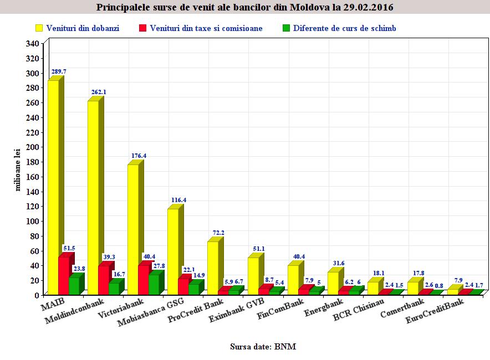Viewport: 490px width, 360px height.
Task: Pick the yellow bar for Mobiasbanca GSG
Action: point(173,251)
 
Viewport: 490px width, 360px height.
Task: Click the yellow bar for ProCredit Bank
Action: point(213,268)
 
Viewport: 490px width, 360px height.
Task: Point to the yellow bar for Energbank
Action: point(333,283)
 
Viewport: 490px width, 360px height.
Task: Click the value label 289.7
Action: point(59,71)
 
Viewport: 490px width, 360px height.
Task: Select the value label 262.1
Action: point(99,92)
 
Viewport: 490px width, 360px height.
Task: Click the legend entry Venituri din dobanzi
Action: point(83,28)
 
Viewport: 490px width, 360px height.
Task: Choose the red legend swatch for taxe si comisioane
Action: point(142,28)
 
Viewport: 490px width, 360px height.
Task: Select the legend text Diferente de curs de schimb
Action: point(344,28)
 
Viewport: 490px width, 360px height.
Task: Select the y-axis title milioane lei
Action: point(18,169)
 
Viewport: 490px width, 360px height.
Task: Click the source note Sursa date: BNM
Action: point(263,347)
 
